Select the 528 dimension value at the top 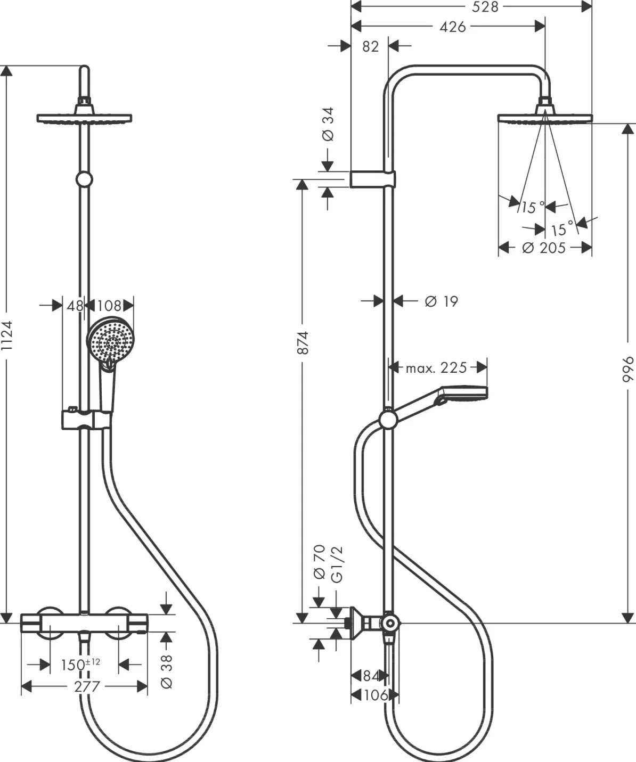pos(486,7)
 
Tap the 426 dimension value pos(453,27)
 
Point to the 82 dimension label pos(370,46)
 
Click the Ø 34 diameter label pos(328,124)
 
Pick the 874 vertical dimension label pos(302,343)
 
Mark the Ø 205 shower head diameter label pos(544,248)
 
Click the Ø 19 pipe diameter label pos(441,301)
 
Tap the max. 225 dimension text pos(436,367)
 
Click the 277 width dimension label pos(86,686)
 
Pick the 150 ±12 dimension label pos(80,665)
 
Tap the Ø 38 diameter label pos(167,671)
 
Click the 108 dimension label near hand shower pos(109,306)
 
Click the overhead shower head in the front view pos(84,117)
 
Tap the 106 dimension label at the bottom pos(376,695)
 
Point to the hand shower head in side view pos(461,393)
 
